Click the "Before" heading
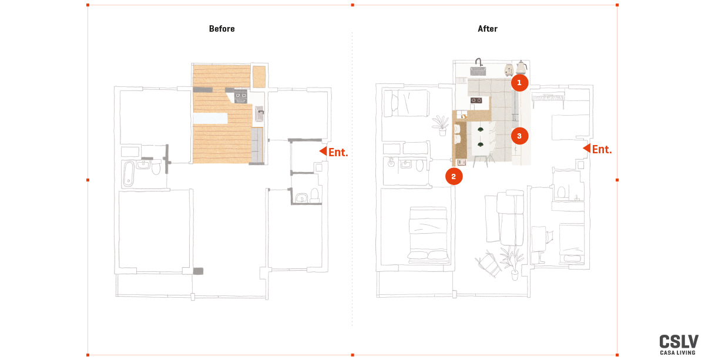222,29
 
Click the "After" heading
488,29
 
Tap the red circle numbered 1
519,83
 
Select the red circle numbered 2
454,177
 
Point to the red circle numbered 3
519,136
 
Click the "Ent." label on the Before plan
338,152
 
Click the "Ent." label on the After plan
602,150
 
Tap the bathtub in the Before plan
128,173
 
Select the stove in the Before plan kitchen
241,96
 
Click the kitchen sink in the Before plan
260,113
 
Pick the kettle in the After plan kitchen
522,67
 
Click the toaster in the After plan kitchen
509,70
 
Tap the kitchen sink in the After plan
478,69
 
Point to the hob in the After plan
476,100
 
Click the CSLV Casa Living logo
679,345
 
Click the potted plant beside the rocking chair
512,262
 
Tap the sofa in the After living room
510,218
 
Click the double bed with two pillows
428,235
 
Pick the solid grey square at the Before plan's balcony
198,271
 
